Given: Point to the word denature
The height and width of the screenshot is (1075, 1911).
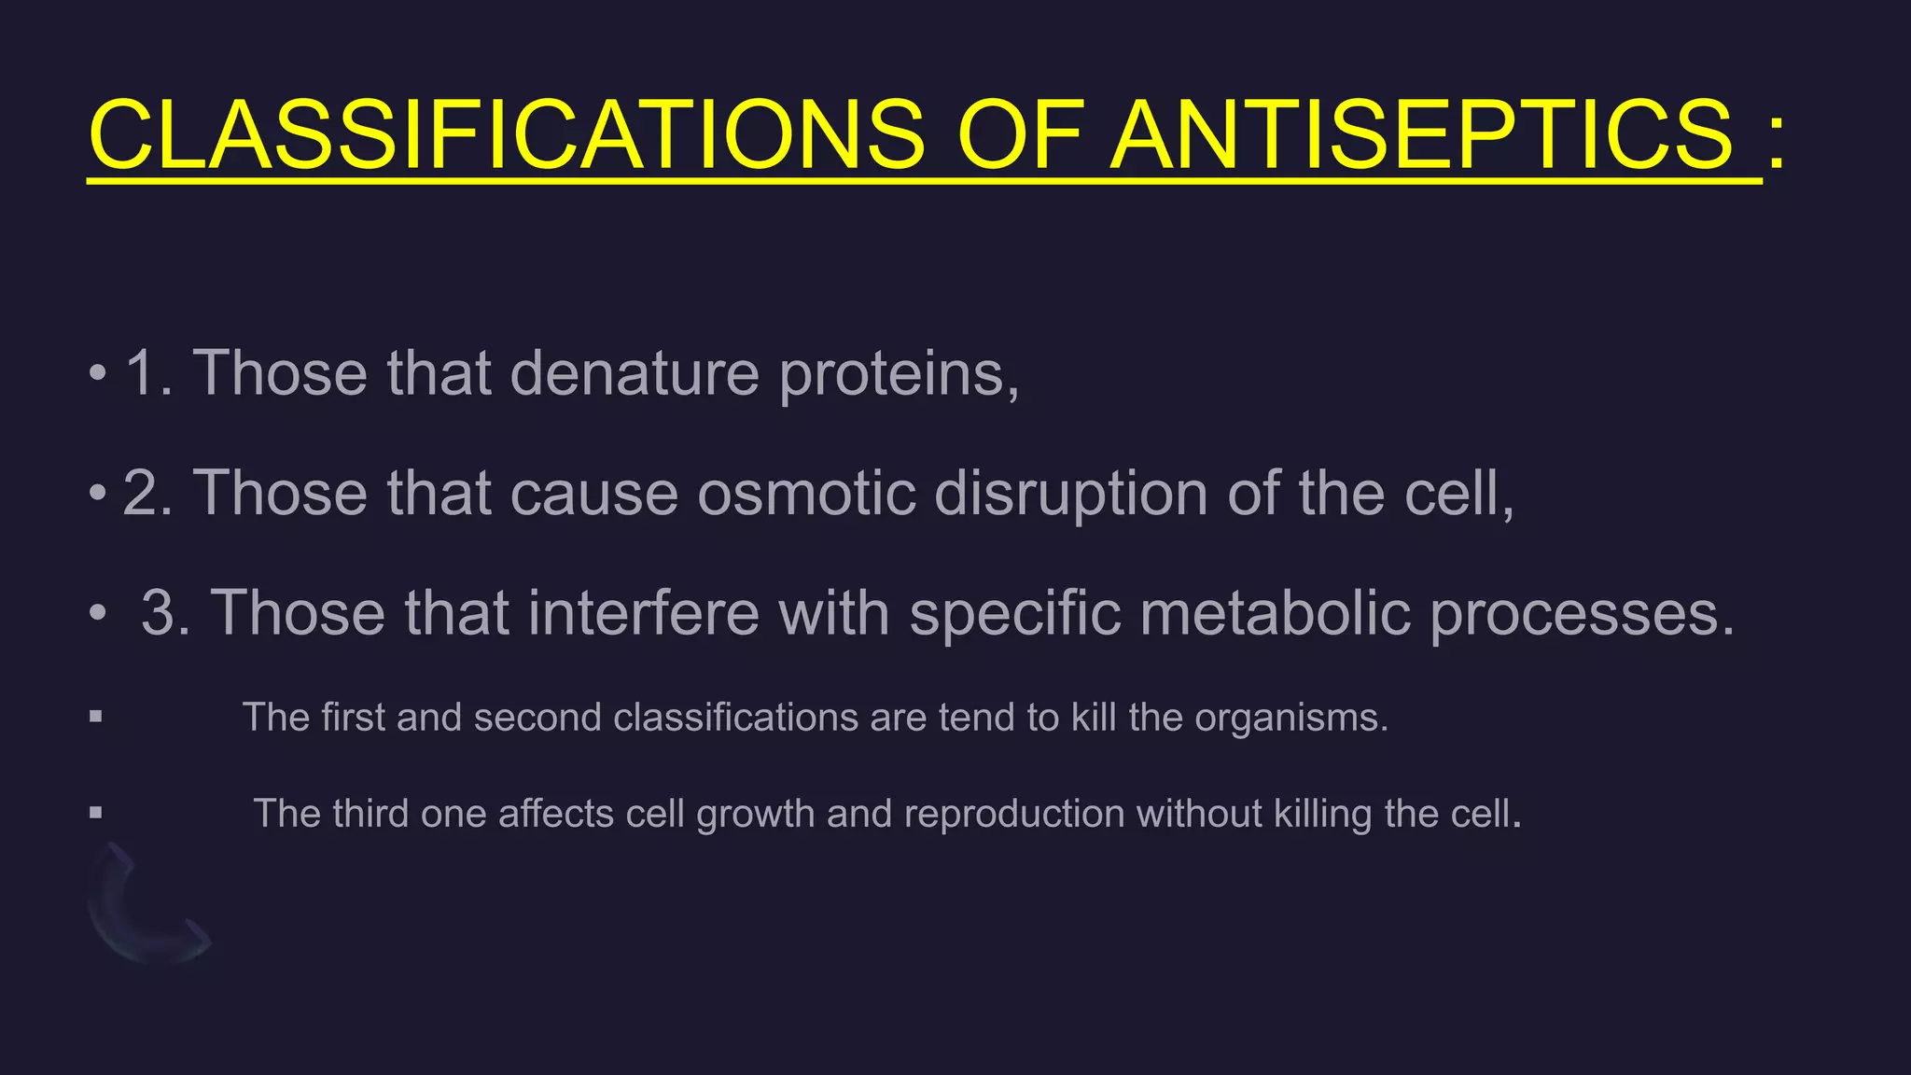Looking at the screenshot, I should pyautogui.click(x=635, y=373).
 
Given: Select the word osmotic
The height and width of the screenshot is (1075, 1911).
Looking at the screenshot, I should pyautogui.click(x=806, y=493).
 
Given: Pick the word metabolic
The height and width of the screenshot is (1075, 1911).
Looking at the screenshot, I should pyautogui.click(x=1275, y=613).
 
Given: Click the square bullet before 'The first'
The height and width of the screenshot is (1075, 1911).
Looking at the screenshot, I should pyautogui.click(x=95, y=718).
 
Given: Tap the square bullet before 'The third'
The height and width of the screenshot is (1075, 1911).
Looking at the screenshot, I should pyautogui.click(x=95, y=813).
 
